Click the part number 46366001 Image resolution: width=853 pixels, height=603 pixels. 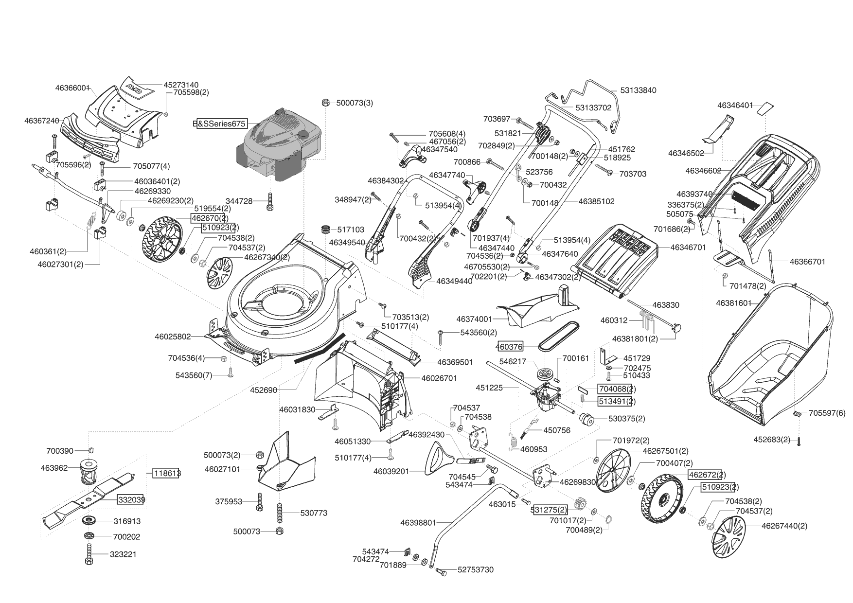(72, 88)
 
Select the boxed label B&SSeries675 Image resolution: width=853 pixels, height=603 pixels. (220, 124)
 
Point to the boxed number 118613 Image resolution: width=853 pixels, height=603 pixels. (166, 473)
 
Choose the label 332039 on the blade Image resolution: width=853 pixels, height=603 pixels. (130, 499)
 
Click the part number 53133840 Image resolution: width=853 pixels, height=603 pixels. (638, 90)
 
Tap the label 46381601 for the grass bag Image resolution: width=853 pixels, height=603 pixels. (734, 303)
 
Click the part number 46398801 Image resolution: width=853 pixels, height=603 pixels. (418, 523)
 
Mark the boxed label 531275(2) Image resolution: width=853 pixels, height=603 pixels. (550, 510)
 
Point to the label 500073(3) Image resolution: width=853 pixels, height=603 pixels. (355, 103)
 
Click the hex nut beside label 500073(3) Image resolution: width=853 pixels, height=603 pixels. (326, 103)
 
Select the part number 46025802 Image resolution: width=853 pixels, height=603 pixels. (173, 336)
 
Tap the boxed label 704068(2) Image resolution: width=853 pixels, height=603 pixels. (616, 389)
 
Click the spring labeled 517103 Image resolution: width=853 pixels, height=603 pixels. (328, 229)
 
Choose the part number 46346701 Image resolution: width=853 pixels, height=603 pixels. (688, 248)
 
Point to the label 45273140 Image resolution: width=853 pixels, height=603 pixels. (181, 85)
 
